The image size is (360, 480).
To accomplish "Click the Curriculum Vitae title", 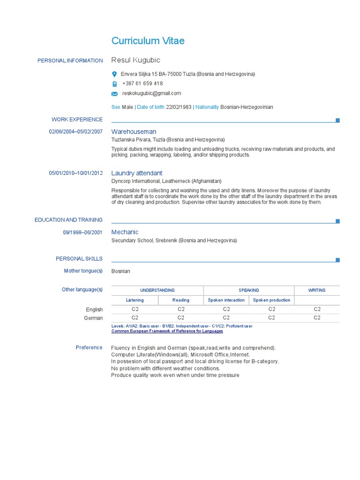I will pyautogui.click(x=148, y=41).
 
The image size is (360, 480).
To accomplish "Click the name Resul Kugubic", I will pyautogui.click(x=135, y=60).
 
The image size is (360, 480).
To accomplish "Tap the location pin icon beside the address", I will pyautogui.click(x=114, y=74).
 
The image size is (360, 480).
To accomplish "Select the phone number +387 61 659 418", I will pyautogui.click(x=142, y=83).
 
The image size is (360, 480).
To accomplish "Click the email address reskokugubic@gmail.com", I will pyautogui.click(x=151, y=93).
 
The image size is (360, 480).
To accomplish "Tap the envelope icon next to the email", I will pyautogui.click(x=114, y=94).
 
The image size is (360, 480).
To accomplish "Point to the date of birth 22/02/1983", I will pyautogui.click(x=179, y=107).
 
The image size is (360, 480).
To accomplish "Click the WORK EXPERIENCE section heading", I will pyautogui.click(x=77, y=120).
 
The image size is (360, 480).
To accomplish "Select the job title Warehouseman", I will pyautogui.click(x=134, y=132).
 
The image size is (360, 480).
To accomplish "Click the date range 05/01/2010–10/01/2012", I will pyautogui.click(x=75, y=173).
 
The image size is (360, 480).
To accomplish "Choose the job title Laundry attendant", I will pyautogui.click(x=136, y=173).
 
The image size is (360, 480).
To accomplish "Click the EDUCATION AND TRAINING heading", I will pyautogui.click(x=68, y=220).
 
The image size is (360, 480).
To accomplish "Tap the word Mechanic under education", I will pyautogui.click(x=125, y=232).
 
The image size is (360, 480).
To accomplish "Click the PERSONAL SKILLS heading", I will pyautogui.click(x=79, y=259).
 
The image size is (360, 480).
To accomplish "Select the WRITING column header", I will pyautogui.click(x=316, y=290).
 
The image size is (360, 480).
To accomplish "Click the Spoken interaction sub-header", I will pyautogui.click(x=226, y=300).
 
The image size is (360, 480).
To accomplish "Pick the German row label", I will pyautogui.click(x=93, y=318).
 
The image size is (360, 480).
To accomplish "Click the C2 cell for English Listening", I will pyautogui.click(x=135, y=309).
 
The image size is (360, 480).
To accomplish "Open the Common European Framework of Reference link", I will pyautogui.click(x=167, y=331).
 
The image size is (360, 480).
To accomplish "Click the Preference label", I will pyautogui.click(x=89, y=347).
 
